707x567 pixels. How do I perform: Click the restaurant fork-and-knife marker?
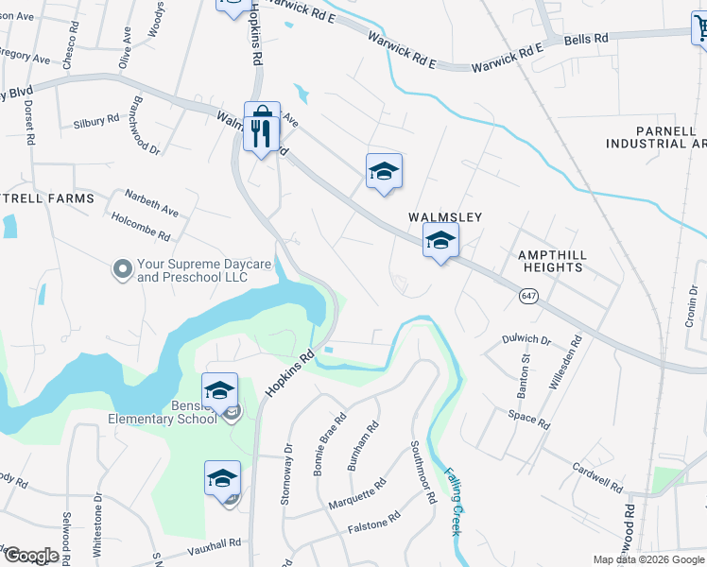[262, 128]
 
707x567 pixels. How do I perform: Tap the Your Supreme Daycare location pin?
[122, 270]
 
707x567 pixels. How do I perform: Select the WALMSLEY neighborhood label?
[445, 217]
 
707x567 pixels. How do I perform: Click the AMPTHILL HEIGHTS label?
[550, 262]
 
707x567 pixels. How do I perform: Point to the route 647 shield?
[528, 297]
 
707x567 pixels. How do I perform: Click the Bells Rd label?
[586, 39]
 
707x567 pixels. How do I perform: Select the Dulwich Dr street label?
[527, 339]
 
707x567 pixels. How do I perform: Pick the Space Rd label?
[528, 417]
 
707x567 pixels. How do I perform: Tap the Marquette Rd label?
[357, 494]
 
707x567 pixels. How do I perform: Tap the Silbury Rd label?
[96, 122]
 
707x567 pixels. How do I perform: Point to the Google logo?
[30, 556]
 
